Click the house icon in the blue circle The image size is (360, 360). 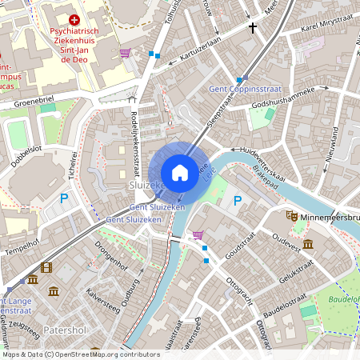(x=180, y=172)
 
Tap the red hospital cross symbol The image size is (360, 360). (x=74, y=19)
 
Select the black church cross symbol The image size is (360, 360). (x=253, y=28)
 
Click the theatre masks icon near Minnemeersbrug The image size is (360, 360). (x=292, y=217)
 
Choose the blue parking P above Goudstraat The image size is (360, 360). (x=237, y=200)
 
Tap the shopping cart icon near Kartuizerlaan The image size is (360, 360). (x=126, y=53)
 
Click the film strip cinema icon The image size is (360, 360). (x=46, y=267)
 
